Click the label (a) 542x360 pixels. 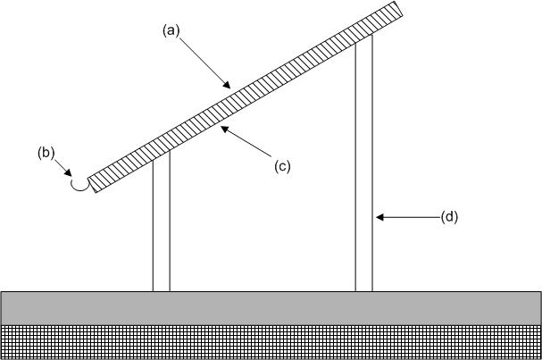click(171, 29)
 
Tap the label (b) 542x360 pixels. click(46, 152)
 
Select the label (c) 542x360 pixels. click(282, 165)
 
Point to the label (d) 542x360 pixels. click(449, 216)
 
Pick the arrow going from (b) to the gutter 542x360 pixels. click(63, 168)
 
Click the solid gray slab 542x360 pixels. click(271, 307)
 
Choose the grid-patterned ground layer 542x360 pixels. click(271, 342)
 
